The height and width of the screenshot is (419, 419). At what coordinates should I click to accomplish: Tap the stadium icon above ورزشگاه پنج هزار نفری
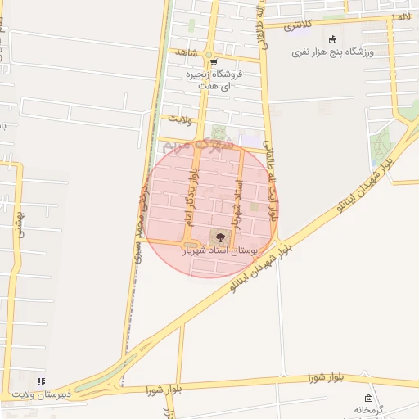point(332,39)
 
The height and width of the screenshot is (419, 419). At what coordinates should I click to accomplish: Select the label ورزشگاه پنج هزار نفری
point(334,52)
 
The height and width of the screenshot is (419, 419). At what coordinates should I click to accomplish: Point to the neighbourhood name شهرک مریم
point(197,144)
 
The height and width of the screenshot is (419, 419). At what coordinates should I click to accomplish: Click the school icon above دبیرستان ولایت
point(42,381)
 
